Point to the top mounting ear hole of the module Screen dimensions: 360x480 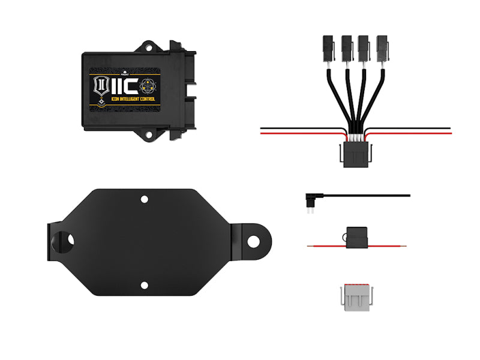146,46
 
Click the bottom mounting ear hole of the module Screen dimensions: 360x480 146,136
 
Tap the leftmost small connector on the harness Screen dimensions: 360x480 328,47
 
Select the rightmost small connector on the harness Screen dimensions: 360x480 382,47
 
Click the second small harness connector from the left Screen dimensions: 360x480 346,47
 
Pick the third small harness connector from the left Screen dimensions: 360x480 364,47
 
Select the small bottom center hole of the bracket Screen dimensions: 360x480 144,286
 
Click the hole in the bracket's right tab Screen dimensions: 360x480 253,241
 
